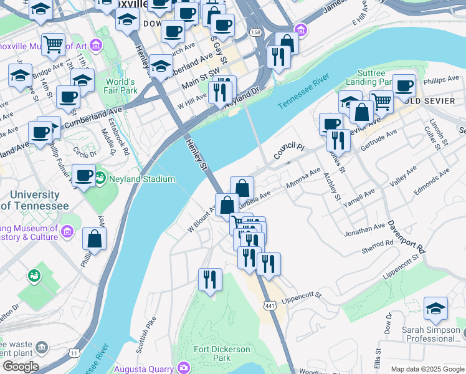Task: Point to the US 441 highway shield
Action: [269, 305]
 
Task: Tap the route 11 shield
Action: [74, 353]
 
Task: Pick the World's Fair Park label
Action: [121, 86]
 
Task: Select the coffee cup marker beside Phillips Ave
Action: [404, 85]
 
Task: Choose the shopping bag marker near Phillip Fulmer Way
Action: [94, 239]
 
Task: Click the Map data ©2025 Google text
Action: [427, 369]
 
